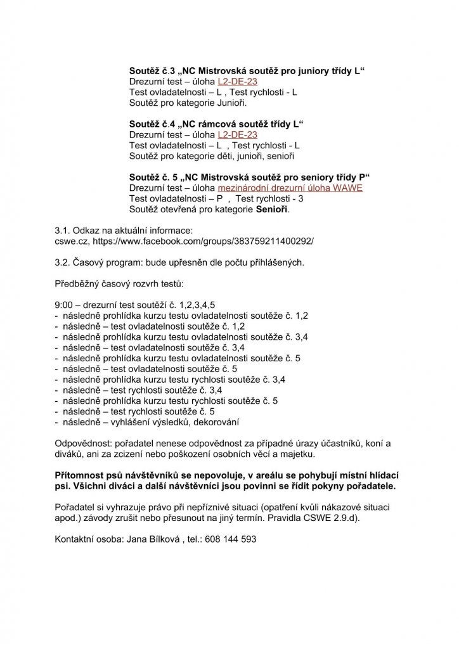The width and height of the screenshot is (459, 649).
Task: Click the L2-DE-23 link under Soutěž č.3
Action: pyautogui.click(x=237, y=82)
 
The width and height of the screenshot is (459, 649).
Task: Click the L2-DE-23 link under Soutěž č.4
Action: pyautogui.click(x=237, y=135)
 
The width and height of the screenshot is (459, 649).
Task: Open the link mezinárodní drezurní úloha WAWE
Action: pyautogui.click(x=290, y=188)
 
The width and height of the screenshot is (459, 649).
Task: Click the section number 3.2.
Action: pyautogui.click(x=63, y=262)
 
